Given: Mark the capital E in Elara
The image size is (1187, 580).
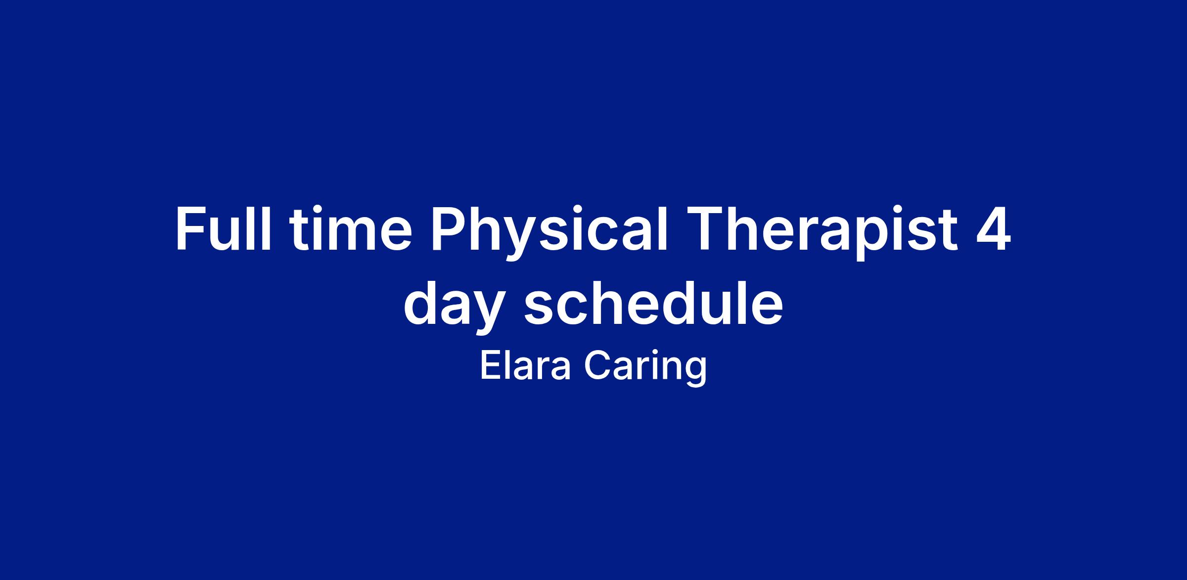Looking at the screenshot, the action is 490,366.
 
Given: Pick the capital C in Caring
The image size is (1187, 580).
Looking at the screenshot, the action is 596,366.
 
